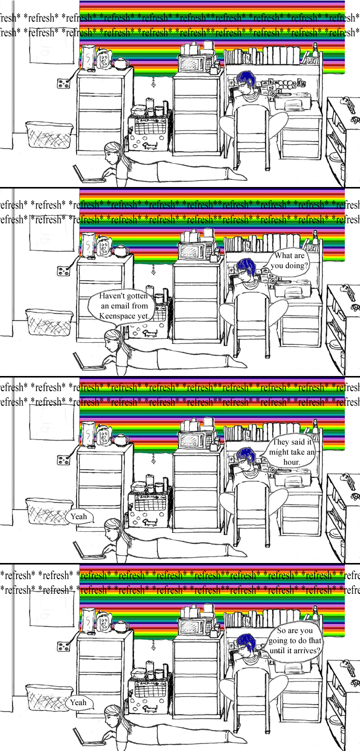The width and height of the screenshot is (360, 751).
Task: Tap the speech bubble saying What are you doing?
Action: [x=289, y=262]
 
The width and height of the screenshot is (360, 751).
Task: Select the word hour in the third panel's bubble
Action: [x=291, y=462]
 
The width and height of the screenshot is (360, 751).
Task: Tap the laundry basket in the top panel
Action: [x=49, y=134]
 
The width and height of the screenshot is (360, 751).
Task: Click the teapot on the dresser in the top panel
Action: [x=121, y=63]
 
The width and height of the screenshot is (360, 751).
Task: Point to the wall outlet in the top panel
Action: [x=64, y=83]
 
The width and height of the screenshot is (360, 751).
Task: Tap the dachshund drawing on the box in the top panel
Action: [x=149, y=145]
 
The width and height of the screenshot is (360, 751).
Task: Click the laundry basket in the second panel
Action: [x=49, y=322]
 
